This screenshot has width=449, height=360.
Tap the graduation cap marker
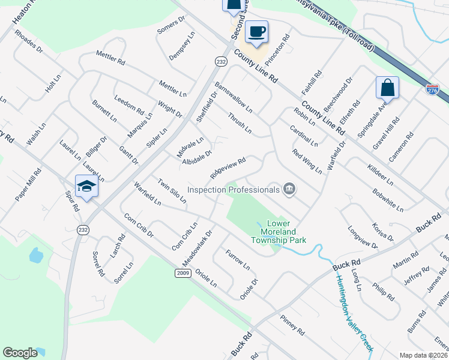(x=86, y=187)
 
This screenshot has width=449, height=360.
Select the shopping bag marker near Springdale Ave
(x=388, y=88)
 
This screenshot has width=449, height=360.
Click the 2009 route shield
(x=184, y=273)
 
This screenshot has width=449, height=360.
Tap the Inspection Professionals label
(x=234, y=190)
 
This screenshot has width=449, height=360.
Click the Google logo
(x=20, y=352)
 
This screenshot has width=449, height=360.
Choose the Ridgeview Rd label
(x=228, y=168)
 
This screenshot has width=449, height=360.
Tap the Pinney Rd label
(x=292, y=324)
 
